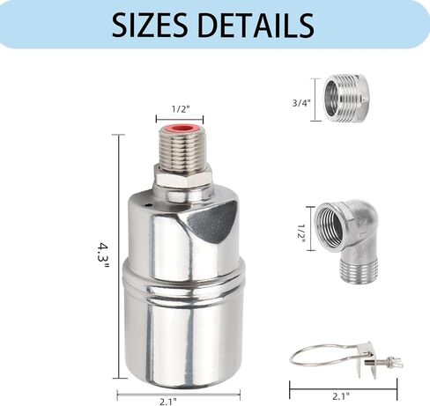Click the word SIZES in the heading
[150, 25]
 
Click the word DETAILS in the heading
[256, 25]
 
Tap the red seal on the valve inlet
[182, 129]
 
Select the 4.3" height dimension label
[103, 255]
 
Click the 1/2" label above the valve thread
[181, 109]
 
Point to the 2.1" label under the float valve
[168, 401]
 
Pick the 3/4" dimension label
[301, 103]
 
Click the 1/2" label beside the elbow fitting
[301, 233]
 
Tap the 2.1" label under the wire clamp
[341, 396]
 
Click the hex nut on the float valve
[183, 176]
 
